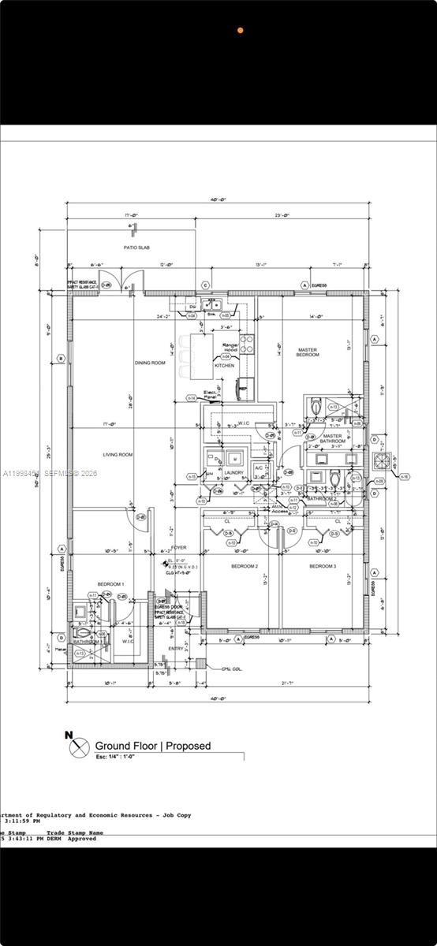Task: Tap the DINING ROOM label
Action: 149,363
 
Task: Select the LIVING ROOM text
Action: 118,454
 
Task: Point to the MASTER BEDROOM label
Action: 308,352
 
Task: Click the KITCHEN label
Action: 225,366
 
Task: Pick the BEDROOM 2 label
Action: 244,567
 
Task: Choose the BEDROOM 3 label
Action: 322,567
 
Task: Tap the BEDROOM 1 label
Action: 110,583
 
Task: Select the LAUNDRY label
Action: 233,473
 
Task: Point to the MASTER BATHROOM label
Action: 332,439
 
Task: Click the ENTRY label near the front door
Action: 175,649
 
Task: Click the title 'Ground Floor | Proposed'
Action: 153,746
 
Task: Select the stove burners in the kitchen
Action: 247,343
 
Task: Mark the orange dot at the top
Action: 241,30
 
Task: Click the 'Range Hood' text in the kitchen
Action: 230,348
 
